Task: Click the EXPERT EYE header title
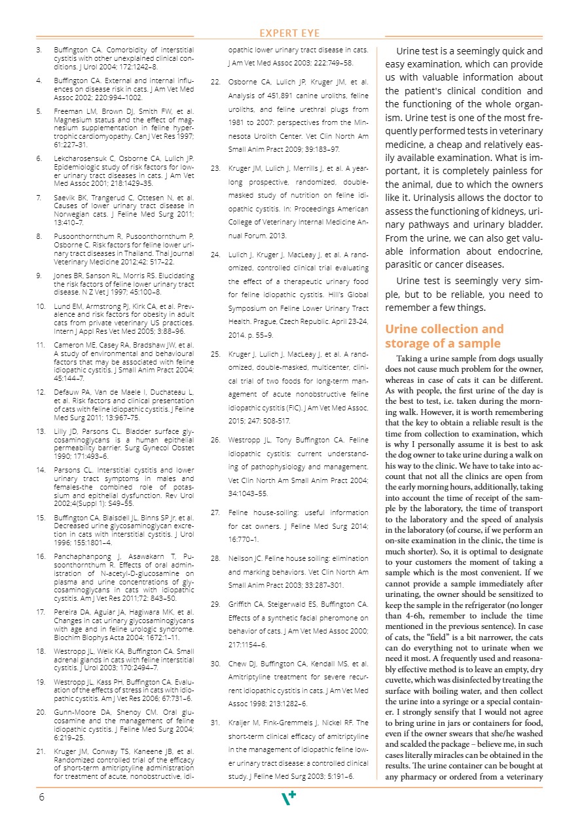[x=289, y=33]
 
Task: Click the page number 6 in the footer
[x=41, y=797]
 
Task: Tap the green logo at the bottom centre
[x=288, y=797]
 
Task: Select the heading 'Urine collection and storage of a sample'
[x=445, y=336]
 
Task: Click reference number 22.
[x=215, y=82]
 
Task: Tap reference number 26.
[x=215, y=440]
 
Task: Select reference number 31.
[x=215, y=723]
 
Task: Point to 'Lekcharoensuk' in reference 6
[x=77, y=158]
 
